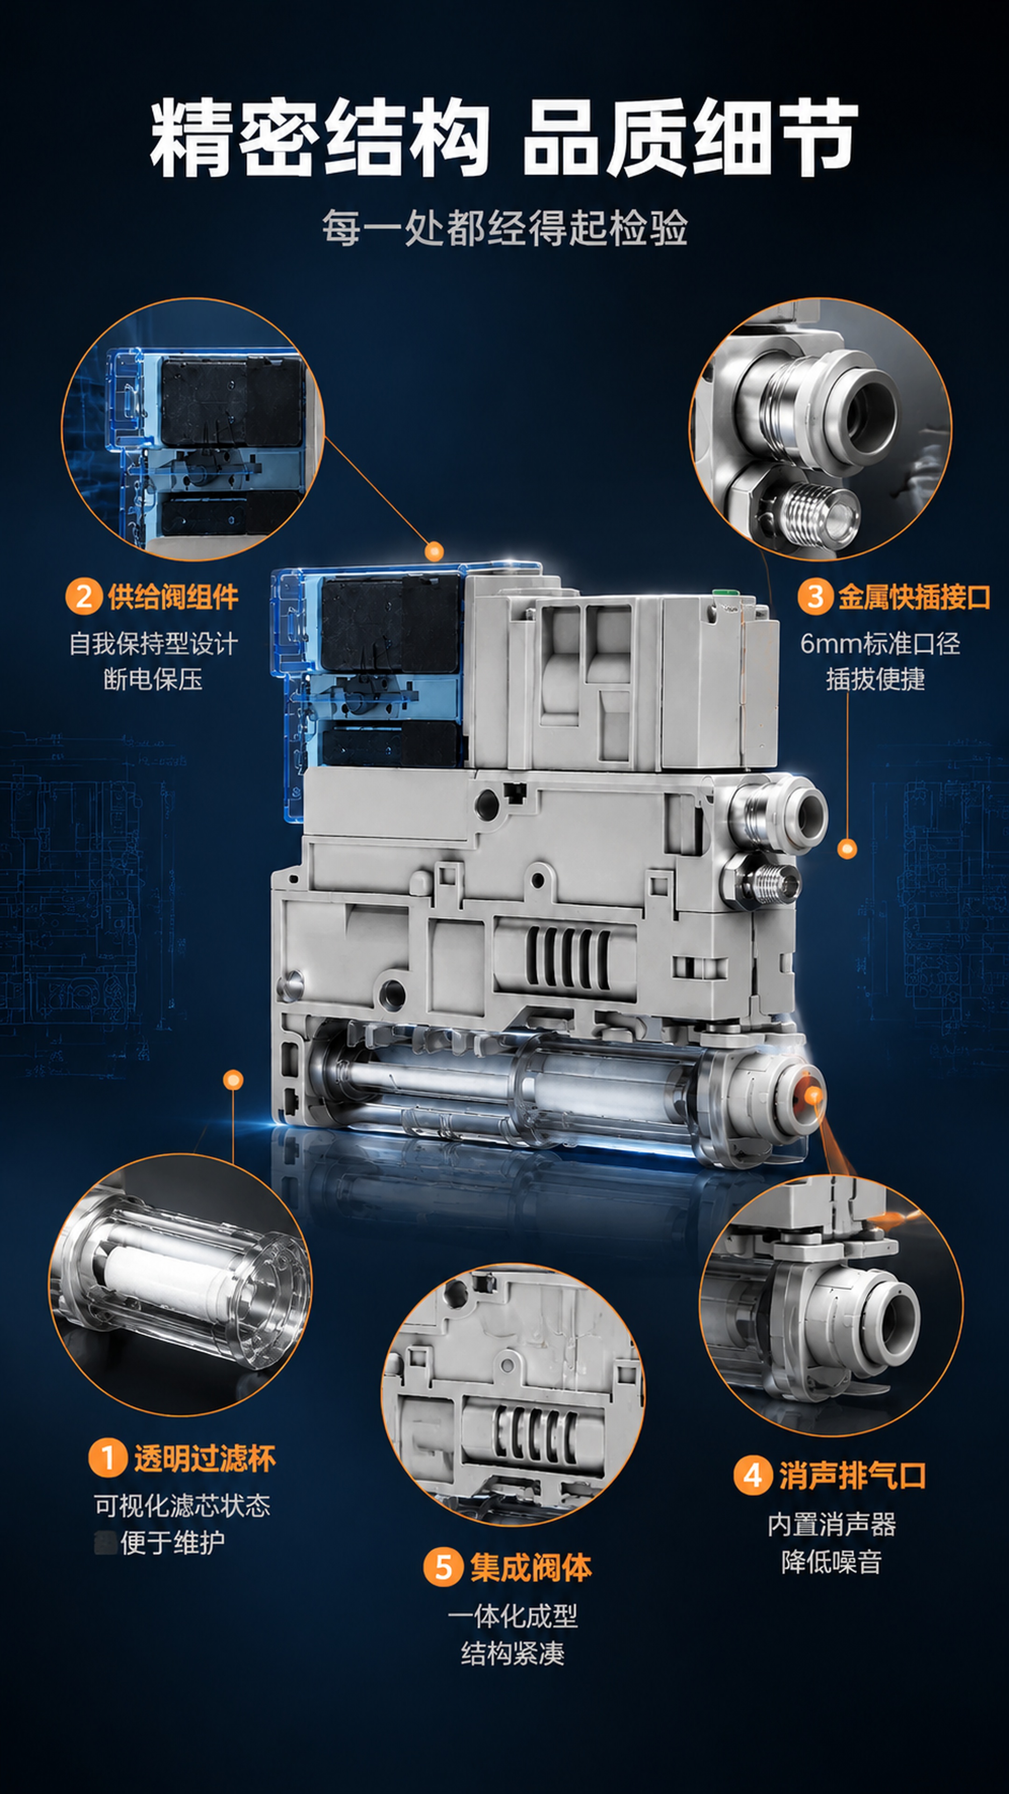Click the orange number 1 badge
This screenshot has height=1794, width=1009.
pyautogui.click(x=107, y=1458)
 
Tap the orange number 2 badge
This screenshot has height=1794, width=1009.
pyautogui.click(x=84, y=597)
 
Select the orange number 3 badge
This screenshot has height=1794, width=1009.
pyautogui.click(x=816, y=597)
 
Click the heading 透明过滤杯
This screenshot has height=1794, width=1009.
pyautogui.click(x=205, y=1458)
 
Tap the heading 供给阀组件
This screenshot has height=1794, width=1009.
pyautogui.click(x=173, y=597)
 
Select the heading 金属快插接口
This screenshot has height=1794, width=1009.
pyautogui.click(x=914, y=597)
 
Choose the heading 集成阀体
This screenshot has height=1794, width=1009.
pyautogui.click(x=531, y=1568)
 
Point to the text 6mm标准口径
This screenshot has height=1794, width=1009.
pyautogui.click(x=880, y=643)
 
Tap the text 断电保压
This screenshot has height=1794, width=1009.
pyautogui.click(x=153, y=679)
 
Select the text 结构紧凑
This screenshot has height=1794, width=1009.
pyautogui.click(x=512, y=1653)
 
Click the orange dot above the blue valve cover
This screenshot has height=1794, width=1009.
pyautogui.click(x=434, y=552)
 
